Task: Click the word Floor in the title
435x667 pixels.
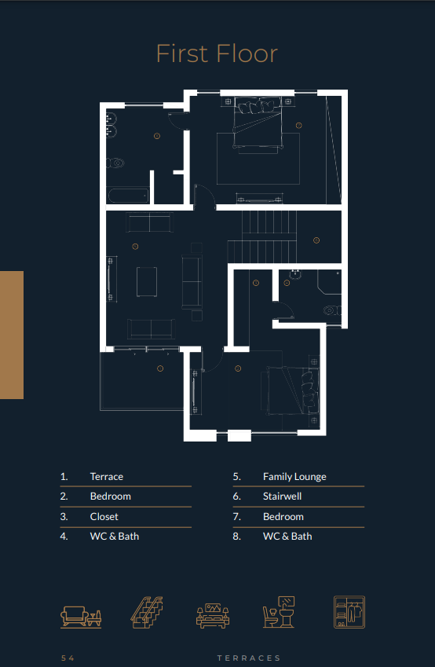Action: coord(247,53)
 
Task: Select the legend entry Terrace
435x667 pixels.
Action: coord(107,476)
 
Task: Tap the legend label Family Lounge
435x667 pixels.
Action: coord(294,477)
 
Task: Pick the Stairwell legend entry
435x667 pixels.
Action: coord(283,497)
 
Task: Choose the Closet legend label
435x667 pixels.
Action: coord(104,516)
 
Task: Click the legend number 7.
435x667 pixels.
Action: coord(237,516)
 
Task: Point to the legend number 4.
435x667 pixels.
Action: coord(64,537)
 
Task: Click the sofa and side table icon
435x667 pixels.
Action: coord(81,617)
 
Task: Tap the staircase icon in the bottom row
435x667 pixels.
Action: coord(147,613)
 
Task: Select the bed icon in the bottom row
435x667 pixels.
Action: coord(213,615)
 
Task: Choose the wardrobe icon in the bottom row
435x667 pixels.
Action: coord(349,612)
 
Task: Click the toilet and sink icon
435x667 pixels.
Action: coord(279,612)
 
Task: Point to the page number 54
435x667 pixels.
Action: coord(68,658)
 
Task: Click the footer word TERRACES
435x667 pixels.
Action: coord(249,658)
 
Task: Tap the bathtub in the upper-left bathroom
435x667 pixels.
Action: coord(129,196)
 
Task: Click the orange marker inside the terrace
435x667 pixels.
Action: coord(160,368)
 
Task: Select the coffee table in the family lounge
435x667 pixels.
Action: coord(147,281)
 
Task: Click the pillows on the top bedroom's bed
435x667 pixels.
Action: coord(255,107)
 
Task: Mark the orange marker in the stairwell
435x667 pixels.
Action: coord(316,240)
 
